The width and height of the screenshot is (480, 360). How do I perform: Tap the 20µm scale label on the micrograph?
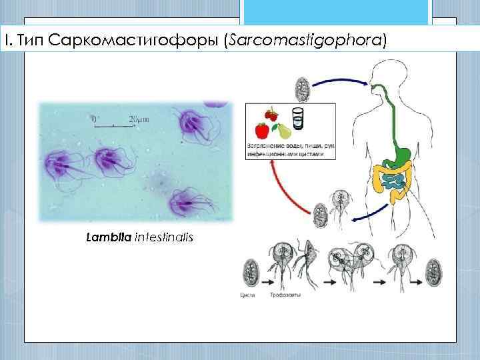[139, 119]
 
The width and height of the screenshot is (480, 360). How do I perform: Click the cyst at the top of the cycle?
[302, 88]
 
